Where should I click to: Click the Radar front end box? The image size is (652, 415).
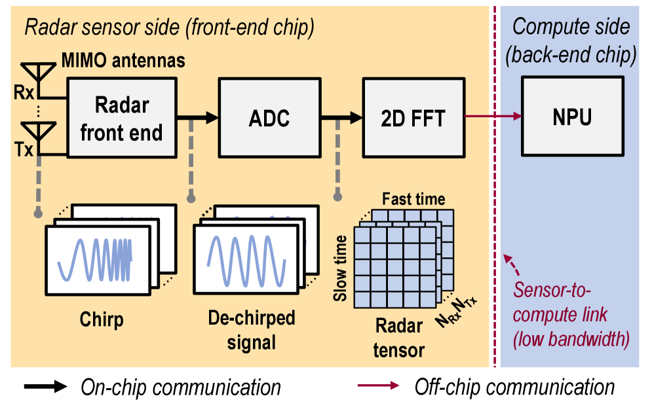pyautogui.click(x=121, y=118)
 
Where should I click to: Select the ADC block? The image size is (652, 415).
pyautogui.click(x=269, y=118)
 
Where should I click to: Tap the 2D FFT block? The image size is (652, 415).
pyautogui.click(x=413, y=118)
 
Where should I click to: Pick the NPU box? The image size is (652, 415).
pyautogui.click(x=572, y=117)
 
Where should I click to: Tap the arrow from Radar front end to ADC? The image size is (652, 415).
pyautogui.click(x=197, y=118)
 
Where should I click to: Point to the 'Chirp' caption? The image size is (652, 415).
pyautogui.click(x=102, y=320)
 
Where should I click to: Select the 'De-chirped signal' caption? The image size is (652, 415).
pyautogui.click(x=252, y=330)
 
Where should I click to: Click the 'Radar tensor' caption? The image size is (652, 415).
pyautogui.click(x=398, y=338)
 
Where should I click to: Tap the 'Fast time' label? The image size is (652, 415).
pyautogui.click(x=413, y=199)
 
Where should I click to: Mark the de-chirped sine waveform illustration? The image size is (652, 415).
pyautogui.click(x=245, y=259)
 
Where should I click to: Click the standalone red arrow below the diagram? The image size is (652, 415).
pyautogui.click(x=378, y=386)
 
